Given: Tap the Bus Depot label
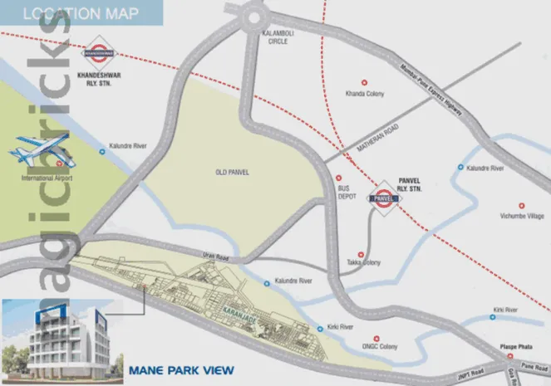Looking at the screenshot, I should point(345,193).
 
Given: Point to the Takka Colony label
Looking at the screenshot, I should point(363,263).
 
